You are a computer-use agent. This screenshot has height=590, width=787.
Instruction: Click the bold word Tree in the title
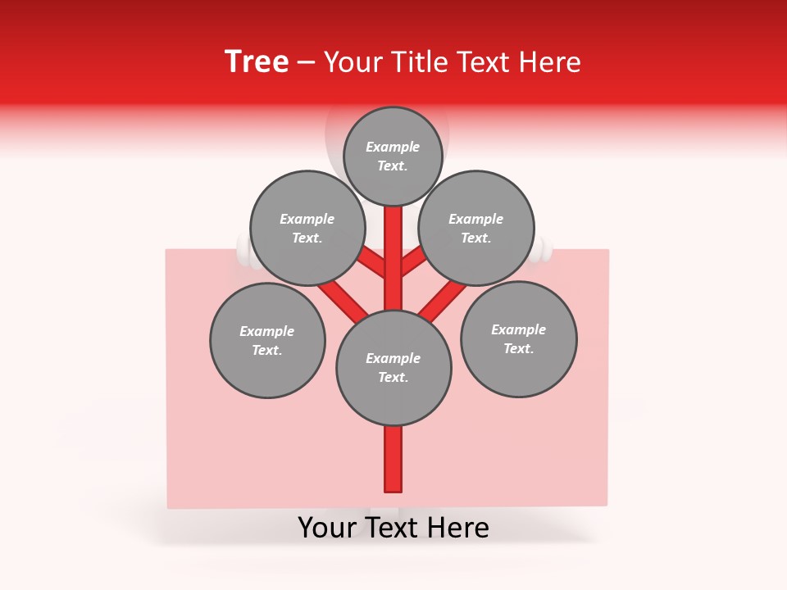257,62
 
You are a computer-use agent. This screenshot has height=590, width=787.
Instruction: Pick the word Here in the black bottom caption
457,528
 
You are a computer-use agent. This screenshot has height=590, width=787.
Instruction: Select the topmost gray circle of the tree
393,156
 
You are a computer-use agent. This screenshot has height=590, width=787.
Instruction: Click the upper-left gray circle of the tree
307,228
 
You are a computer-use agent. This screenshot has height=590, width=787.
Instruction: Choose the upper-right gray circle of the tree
476,228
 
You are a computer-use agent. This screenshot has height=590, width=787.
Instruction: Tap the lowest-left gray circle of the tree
267,340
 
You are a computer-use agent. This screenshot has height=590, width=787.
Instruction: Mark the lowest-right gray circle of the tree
519,338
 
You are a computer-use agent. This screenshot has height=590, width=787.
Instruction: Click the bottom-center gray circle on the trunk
393,368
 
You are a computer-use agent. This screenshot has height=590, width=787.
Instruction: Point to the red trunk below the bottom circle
393,459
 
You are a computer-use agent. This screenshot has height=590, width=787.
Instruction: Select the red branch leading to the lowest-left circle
342,298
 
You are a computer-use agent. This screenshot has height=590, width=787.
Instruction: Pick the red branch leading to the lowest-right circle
443,300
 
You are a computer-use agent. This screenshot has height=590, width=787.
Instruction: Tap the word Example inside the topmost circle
393,147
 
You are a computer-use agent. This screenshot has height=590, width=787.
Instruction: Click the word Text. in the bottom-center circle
393,377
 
